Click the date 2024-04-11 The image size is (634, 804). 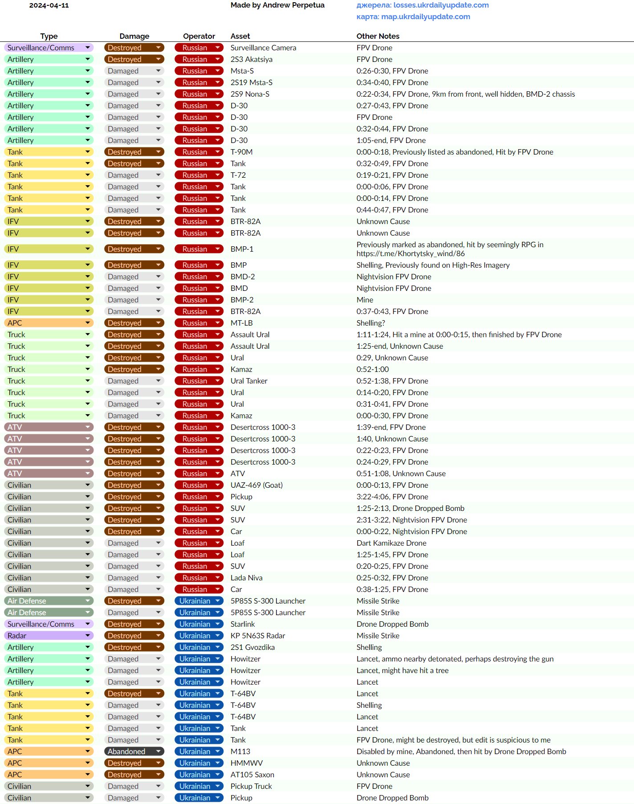tap(49, 5)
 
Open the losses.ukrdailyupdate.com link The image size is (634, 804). tap(441, 5)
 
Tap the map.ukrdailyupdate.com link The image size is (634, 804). tap(425, 16)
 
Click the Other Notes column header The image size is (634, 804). tap(378, 36)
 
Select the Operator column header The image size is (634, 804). tap(199, 36)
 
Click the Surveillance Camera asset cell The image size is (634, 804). tap(263, 48)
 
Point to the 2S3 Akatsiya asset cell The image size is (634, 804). tap(251, 59)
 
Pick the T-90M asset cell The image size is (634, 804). tap(241, 152)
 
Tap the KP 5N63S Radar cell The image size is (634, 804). tap(257, 636)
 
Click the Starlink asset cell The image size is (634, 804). tap(243, 624)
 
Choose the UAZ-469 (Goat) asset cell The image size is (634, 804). tap(256, 485)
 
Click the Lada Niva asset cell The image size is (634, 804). tap(246, 578)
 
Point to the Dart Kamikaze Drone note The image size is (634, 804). tap(391, 543)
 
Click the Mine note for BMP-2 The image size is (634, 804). tap(365, 300)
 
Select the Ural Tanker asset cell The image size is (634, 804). tap(249, 381)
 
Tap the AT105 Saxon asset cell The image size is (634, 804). tap(252, 775)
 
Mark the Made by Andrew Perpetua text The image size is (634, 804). tap(277, 5)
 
